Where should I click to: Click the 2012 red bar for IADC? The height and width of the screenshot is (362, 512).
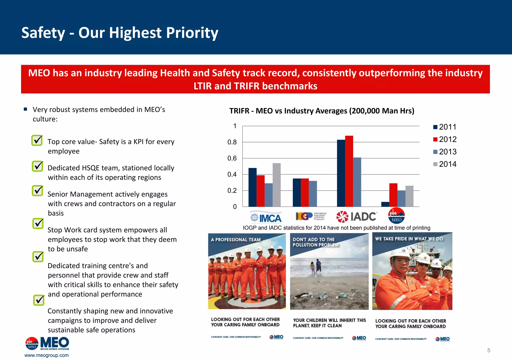[349, 171]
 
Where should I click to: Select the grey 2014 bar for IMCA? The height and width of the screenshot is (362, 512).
[276, 185]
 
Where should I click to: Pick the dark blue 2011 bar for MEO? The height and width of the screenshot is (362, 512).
[385, 204]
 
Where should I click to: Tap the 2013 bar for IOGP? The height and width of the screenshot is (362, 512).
[313, 194]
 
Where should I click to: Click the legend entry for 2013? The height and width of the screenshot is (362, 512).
[445, 152]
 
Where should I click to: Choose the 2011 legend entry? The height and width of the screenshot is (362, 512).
[445, 127]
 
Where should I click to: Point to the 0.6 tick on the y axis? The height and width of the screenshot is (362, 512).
[232, 158]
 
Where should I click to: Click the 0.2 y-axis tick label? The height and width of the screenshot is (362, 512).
[232, 190]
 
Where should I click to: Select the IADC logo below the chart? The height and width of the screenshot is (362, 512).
[356, 216]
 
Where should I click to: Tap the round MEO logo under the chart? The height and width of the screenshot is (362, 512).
[396, 216]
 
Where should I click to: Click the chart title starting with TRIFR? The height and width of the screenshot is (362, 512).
[322, 111]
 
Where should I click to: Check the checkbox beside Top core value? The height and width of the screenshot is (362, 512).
[37, 140]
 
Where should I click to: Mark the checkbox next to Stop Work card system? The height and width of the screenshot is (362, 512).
[38, 223]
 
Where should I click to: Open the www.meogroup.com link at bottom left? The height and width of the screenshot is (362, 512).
[46, 355]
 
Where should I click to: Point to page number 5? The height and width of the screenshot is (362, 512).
[488, 350]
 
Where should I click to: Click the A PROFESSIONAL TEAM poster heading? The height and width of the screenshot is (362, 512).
[235, 240]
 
